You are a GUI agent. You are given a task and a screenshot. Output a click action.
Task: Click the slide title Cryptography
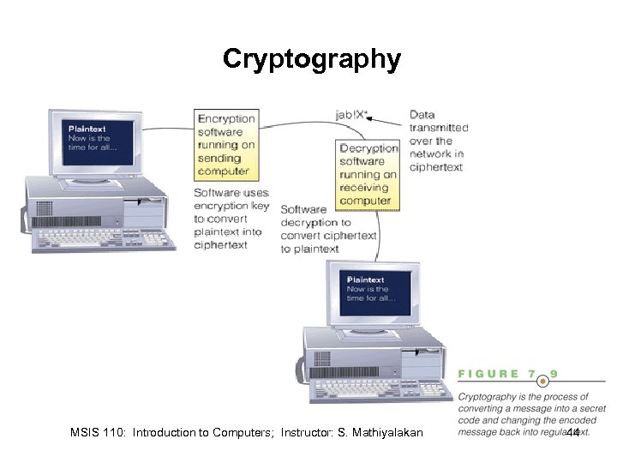coord(311,58)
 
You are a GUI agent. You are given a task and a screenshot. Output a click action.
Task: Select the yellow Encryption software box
coord(226,144)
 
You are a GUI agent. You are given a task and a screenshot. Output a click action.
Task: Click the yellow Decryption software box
coord(368,174)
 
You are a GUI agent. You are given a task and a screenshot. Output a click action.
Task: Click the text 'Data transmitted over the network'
coord(438,141)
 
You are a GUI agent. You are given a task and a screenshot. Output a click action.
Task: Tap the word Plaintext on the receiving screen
coord(365,280)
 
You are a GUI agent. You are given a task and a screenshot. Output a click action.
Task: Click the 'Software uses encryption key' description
coord(231,219)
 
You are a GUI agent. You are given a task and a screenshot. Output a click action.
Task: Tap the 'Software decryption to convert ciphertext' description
coord(328,229)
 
